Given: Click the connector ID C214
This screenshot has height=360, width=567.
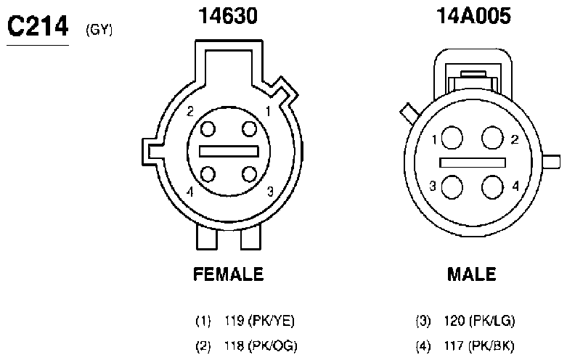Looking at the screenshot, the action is coord(38,26).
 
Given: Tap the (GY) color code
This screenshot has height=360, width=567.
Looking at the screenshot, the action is coord(99,30).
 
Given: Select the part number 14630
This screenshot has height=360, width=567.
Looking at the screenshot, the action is coord(228,16).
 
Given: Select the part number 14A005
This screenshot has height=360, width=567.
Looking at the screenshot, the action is coord(473,16).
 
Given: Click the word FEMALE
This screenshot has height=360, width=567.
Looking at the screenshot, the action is coord(228,274).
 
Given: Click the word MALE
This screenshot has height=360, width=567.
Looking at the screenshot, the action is coord(472,274).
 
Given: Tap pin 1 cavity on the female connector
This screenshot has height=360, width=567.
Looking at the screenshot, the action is coord(249,129).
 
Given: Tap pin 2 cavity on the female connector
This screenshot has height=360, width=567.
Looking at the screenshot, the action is coord(208,129).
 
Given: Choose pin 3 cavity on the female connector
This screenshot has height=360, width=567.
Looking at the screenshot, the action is coord(249,174).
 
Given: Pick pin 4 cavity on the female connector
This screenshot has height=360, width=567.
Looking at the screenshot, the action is coord(208,174).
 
